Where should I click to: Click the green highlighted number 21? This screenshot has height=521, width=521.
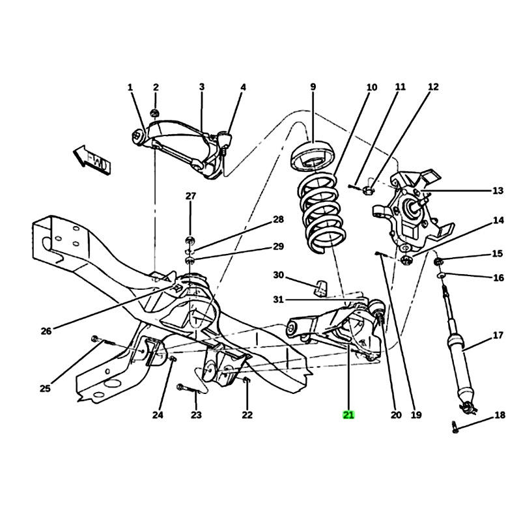[348, 415]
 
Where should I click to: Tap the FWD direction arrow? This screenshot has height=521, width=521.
[91, 160]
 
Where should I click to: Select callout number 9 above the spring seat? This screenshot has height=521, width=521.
[313, 87]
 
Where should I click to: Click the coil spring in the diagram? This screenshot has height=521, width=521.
[322, 214]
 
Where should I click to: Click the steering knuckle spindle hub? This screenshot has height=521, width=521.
[412, 208]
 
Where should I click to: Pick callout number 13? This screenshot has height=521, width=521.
[498, 191]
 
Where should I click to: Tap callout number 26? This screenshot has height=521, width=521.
[46, 331]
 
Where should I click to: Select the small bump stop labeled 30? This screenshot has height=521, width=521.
[320, 288]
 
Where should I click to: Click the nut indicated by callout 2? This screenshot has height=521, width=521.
[154, 112]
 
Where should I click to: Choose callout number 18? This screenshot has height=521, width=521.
[500, 415]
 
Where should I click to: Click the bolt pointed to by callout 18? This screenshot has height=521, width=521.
[455, 427]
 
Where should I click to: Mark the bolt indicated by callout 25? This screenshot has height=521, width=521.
[103, 340]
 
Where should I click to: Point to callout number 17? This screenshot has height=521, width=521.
[498, 335]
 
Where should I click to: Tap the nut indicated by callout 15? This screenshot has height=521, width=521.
[438, 262]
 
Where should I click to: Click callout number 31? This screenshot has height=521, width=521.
[279, 300]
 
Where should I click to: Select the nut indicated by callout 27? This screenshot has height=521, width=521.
[190, 240]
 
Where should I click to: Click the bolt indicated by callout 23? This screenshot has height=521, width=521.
[188, 389]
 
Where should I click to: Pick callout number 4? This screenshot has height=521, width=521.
[243, 87]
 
